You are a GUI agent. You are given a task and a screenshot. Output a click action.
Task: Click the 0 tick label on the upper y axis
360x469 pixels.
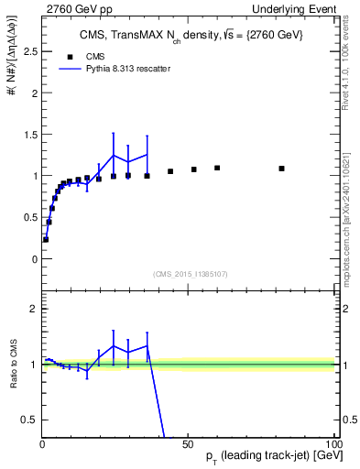point(33,259)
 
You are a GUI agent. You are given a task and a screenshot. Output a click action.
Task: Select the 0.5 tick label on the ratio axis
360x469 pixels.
point(27,420)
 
